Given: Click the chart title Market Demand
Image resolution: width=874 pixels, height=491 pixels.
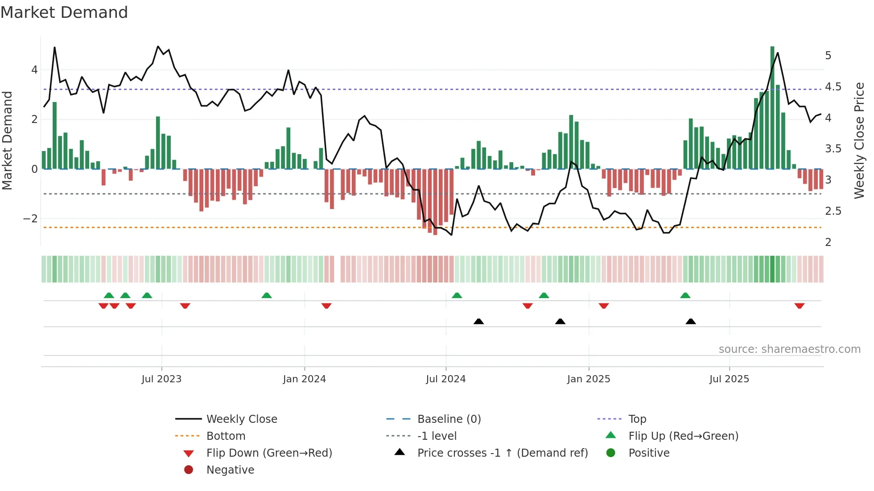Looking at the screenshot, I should pyautogui.click(x=64, y=12).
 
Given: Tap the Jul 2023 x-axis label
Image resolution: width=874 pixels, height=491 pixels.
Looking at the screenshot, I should pyautogui.click(x=161, y=379).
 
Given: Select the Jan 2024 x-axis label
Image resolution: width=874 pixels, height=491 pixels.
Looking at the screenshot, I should pyautogui.click(x=305, y=379).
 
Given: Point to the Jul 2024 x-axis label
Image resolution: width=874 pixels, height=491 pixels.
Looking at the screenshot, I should pyautogui.click(x=445, y=379).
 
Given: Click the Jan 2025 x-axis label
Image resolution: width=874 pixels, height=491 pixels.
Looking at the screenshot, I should pyautogui.click(x=589, y=379).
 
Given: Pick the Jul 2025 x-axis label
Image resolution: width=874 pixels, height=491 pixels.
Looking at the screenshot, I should pyautogui.click(x=729, y=379).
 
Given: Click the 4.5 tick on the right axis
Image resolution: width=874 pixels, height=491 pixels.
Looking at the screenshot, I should pyautogui.click(x=833, y=87).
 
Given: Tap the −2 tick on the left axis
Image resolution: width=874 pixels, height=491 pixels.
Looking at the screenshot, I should pyautogui.click(x=30, y=219).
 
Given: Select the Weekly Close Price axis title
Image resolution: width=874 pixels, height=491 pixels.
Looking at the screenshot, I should pyautogui.click(x=859, y=140).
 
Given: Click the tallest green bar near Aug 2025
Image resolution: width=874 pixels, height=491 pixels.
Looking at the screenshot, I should pyautogui.click(x=772, y=107).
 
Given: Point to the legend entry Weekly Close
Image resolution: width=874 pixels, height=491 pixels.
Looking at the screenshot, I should pyautogui.click(x=241, y=419).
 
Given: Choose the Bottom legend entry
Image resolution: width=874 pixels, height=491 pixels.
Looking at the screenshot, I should pyautogui.click(x=226, y=436).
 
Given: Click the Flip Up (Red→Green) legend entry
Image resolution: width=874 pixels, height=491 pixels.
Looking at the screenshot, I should pyautogui.click(x=683, y=436).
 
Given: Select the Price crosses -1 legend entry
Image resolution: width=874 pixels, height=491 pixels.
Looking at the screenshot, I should pyautogui.click(x=502, y=453).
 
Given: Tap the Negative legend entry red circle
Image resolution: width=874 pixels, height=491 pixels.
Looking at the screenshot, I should pyautogui.click(x=189, y=470).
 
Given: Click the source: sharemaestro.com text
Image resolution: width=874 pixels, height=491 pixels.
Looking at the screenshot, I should pyautogui.click(x=789, y=349).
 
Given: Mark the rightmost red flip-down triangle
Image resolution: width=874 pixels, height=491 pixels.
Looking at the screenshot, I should pyautogui.click(x=799, y=306).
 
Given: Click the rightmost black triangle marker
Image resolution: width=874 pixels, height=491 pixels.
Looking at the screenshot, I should pyautogui.click(x=691, y=321).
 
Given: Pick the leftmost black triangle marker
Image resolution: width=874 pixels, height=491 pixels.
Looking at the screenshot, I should pyautogui.click(x=478, y=321).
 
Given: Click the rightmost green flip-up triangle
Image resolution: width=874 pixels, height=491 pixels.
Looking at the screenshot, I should pyautogui.click(x=685, y=295).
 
